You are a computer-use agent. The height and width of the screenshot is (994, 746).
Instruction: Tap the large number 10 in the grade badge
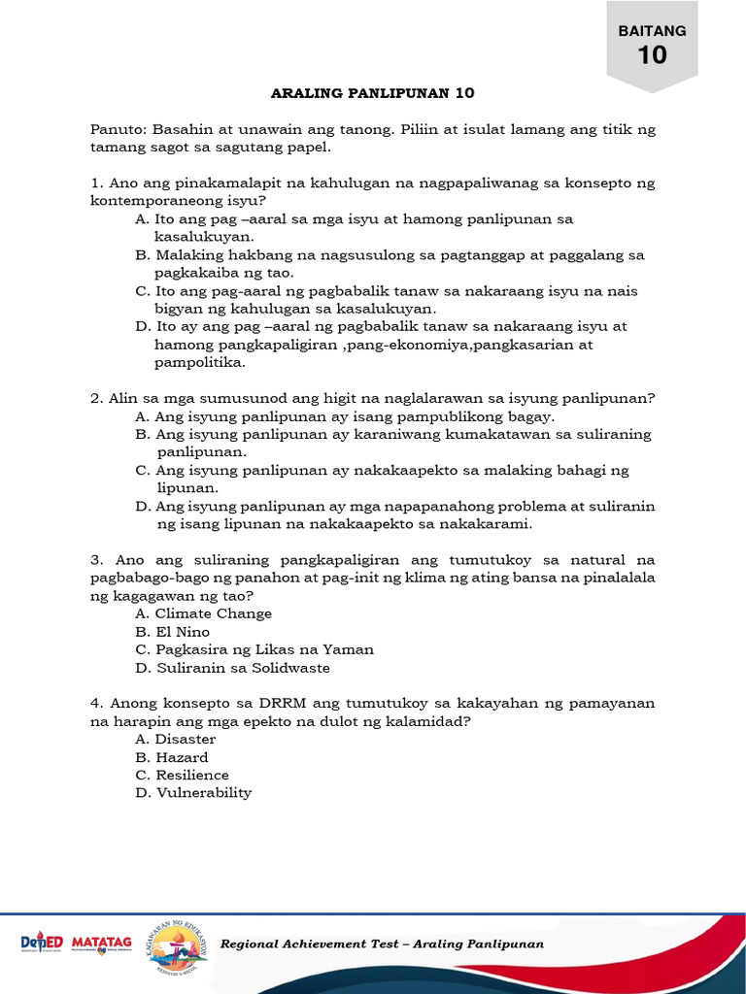click(x=653, y=55)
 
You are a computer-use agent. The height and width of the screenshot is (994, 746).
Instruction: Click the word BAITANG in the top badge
click(x=653, y=30)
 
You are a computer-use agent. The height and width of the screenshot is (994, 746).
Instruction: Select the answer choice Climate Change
click(x=213, y=613)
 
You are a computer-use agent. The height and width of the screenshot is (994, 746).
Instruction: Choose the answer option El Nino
click(x=182, y=632)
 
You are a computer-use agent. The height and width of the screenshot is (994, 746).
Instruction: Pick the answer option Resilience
click(x=191, y=775)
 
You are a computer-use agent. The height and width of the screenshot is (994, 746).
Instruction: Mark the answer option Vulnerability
click(x=202, y=792)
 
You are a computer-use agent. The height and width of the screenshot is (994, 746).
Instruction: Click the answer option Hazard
click(x=181, y=757)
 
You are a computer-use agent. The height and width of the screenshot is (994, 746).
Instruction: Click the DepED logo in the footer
click(x=42, y=944)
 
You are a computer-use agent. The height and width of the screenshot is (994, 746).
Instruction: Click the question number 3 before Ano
click(x=97, y=560)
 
